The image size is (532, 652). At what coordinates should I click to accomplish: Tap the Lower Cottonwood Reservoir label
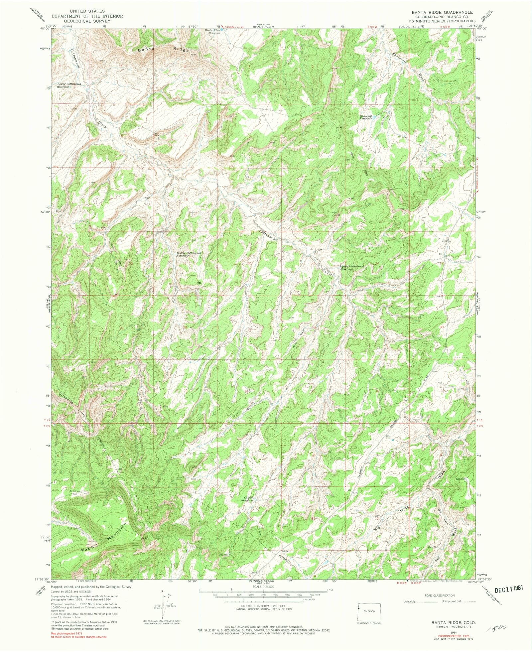[69, 85]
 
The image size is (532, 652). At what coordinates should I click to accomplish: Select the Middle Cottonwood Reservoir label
[189, 254]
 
